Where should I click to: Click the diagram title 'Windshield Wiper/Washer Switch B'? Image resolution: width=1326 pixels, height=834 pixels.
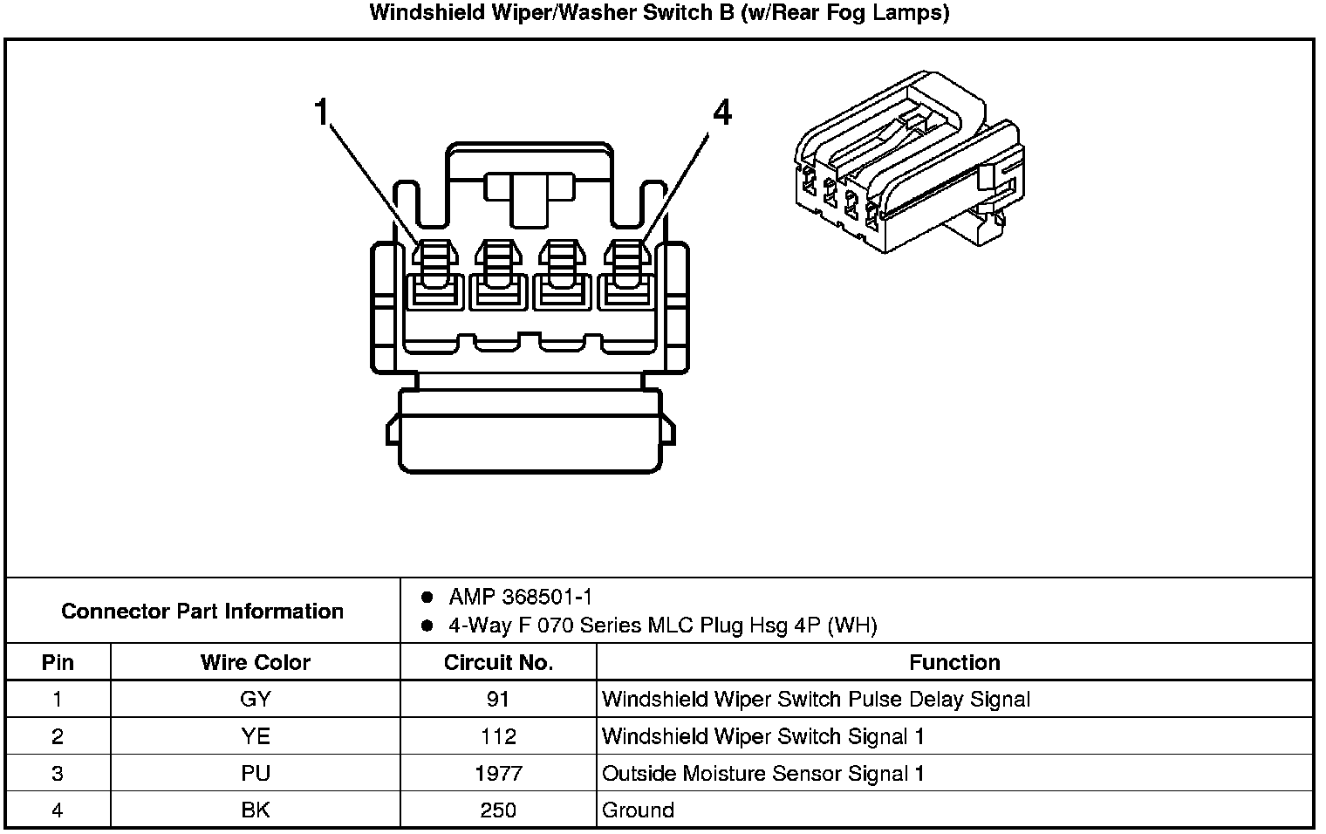click(659, 13)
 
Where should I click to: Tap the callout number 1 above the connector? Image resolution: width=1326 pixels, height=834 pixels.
click(323, 113)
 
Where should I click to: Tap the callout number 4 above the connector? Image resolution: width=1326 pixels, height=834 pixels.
click(721, 113)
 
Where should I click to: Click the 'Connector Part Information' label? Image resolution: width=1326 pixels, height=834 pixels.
click(202, 611)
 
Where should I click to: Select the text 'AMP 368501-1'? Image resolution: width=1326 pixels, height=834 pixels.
click(520, 597)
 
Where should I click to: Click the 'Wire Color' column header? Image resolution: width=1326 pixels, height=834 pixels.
click(255, 662)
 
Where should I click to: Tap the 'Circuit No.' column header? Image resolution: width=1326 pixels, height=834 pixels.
click(498, 662)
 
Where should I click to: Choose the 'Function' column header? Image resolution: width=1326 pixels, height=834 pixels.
click(954, 662)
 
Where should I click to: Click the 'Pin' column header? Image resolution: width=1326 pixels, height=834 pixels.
click(58, 662)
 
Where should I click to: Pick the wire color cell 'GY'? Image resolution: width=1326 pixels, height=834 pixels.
click(255, 699)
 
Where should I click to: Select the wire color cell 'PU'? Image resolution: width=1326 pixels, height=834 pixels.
click(255, 773)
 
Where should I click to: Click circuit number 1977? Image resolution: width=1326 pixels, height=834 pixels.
click(498, 773)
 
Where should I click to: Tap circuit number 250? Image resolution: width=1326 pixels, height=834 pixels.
click(498, 810)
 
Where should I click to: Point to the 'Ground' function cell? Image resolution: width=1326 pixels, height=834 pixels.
click(638, 810)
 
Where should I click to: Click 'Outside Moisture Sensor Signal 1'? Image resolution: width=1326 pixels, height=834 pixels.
click(763, 773)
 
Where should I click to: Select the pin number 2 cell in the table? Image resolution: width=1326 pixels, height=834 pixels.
click(58, 736)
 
